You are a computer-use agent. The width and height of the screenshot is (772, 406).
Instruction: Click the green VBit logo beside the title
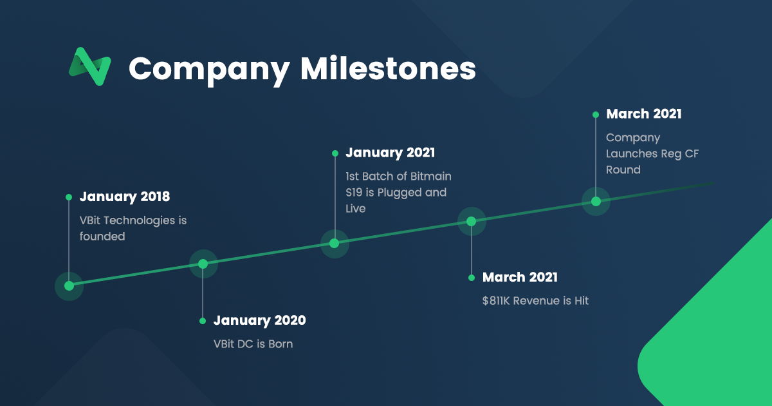(90, 66)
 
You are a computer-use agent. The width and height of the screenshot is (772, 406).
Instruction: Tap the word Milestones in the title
(388, 68)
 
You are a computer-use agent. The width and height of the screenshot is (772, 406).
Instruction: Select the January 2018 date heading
(125, 197)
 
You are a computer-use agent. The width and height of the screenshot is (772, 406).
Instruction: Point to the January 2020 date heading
(259, 320)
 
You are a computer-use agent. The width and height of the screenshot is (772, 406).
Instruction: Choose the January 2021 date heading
(390, 153)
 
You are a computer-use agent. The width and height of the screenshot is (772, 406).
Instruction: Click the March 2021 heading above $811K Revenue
(520, 277)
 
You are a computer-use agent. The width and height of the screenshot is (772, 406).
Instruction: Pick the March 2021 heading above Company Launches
(644, 114)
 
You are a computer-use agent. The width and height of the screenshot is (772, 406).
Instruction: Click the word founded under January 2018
(102, 237)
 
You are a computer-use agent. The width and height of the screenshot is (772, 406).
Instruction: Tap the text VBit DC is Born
(253, 344)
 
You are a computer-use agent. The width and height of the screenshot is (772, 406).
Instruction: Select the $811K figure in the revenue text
(496, 301)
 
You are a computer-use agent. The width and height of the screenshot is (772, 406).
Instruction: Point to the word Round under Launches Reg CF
(623, 170)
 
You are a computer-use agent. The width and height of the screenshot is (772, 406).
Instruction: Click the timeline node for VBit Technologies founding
(69, 286)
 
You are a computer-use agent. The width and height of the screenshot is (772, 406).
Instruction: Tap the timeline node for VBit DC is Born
(203, 264)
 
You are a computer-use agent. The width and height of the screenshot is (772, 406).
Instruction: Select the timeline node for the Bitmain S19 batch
(335, 244)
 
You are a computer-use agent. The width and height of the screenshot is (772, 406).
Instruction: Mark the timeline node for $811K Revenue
(472, 222)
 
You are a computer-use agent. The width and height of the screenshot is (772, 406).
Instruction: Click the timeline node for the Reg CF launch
(596, 202)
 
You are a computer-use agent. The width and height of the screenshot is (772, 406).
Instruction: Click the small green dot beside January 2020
(203, 321)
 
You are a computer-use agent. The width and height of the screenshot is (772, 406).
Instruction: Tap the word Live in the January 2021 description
(355, 209)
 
